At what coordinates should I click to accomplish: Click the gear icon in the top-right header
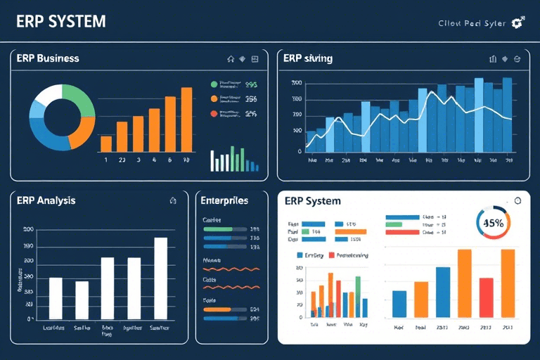[518, 22]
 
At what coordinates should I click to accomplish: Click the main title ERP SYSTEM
[60, 22]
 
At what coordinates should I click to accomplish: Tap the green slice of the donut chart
[79, 100]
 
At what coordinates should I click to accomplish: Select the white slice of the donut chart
[48, 94]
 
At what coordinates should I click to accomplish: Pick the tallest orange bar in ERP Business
[186, 120]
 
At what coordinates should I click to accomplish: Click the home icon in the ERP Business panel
[230, 58]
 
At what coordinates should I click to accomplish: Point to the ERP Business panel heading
[48, 58]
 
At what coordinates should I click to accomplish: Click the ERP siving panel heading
[308, 58]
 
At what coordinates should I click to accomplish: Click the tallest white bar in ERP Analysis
[160, 278]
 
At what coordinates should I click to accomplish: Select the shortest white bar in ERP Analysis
[82, 300]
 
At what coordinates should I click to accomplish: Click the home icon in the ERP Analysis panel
[173, 200]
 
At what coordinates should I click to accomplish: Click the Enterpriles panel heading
[224, 200]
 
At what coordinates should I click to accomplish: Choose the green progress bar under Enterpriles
[217, 229]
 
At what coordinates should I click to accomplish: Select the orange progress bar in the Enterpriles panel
[217, 309]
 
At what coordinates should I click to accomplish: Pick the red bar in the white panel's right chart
[486, 297]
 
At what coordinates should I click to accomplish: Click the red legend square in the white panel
[333, 255]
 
